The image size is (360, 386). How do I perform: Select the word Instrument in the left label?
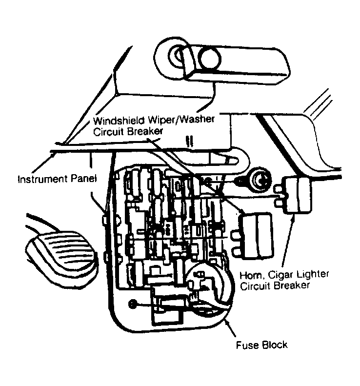click(41, 179)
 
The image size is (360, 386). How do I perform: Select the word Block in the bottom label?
click(274, 345)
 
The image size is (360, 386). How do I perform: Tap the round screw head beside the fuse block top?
click(259, 181)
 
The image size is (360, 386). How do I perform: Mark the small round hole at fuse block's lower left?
click(132, 305)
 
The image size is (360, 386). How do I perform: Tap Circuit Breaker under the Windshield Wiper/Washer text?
click(129, 130)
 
